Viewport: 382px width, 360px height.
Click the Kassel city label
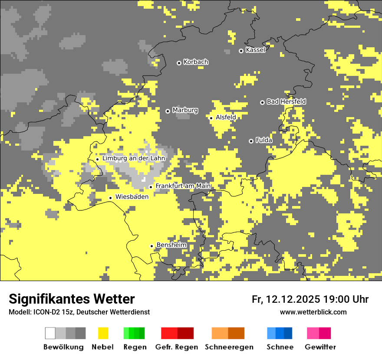pos(255,50)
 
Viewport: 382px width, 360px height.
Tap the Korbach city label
pos(196,62)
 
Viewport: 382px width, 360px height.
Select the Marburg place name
pos(185,110)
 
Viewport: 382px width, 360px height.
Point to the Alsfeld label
pos(226,117)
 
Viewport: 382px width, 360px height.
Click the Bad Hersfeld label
pos(286,101)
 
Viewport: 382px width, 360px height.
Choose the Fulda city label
pos(264,140)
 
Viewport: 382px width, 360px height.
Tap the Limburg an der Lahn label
pos(134,158)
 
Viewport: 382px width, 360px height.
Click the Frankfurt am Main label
pos(183,186)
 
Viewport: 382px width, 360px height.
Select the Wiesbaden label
pos(132,196)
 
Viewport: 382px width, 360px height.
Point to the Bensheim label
pos(171,245)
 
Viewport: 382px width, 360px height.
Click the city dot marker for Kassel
pos(241,51)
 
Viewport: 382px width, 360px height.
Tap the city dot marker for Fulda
pos(251,141)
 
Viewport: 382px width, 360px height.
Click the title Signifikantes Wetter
pos(72,299)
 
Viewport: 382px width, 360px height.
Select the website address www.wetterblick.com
pos(313,312)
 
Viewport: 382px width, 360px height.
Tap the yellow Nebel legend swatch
pos(103,333)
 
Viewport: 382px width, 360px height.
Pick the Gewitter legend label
pos(320,347)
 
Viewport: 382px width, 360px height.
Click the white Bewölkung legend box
pos(50,333)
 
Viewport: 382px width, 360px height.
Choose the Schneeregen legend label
pos(229,347)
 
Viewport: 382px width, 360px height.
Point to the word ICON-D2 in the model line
pos(41,312)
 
